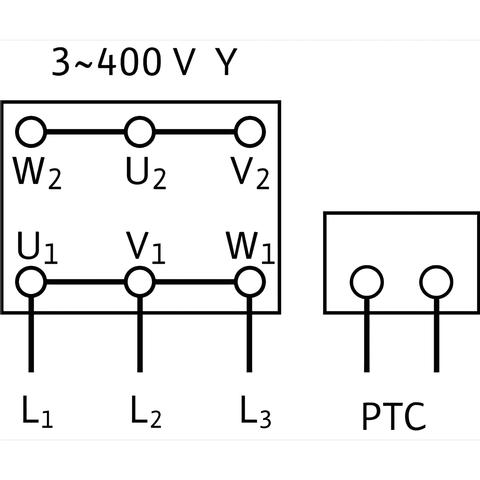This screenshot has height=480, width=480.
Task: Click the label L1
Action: (37, 411)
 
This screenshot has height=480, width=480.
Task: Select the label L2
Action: (146, 411)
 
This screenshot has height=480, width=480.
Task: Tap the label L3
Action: (255, 411)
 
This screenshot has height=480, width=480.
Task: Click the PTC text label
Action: (394, 416)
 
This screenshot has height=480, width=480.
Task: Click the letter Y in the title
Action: (226, 61)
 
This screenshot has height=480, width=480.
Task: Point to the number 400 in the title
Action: (129, 61)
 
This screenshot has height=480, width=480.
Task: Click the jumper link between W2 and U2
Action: (85, 132)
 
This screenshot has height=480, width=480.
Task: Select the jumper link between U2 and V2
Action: (195, 132)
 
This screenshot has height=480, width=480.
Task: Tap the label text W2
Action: (37, 173)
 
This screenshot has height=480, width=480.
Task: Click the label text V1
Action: (146, 247)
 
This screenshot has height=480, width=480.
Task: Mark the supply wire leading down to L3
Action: (249, 334)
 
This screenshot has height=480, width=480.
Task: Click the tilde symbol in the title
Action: (83, 65)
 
